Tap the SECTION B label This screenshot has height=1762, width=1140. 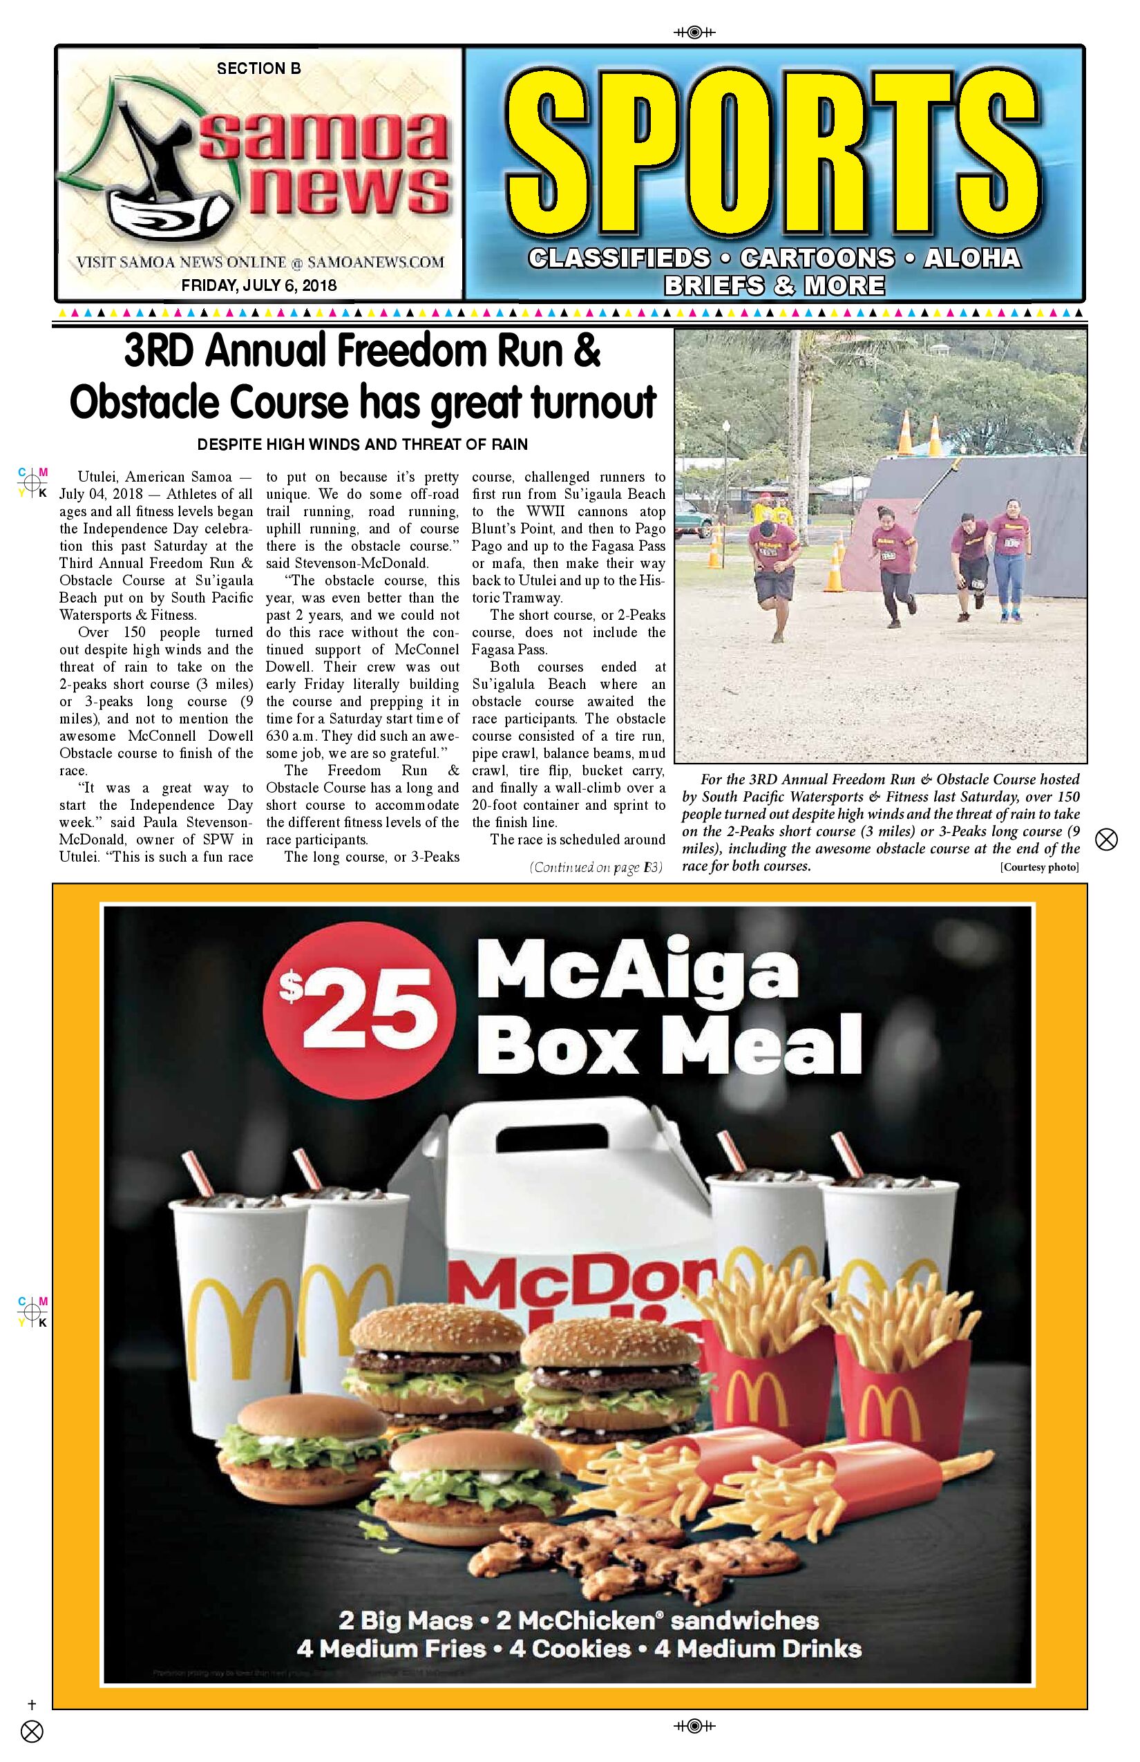[258, 69]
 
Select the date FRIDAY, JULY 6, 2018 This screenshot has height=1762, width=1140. [258, 285]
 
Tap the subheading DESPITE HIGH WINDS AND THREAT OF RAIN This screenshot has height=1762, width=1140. [362, 444]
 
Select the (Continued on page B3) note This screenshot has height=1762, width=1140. [595, 867]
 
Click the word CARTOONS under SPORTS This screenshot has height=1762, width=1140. [817, 258]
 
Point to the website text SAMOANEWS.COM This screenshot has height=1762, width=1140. [375, 262]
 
